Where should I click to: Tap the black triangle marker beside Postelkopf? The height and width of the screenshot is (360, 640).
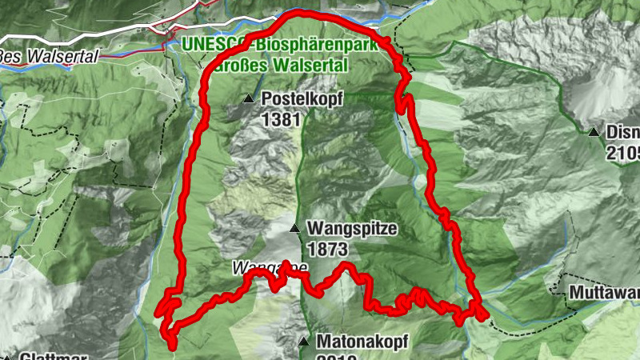pyautogui.click(x=249, y=100)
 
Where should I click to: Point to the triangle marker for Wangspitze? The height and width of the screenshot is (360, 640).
pyautogui.click(x=295, y=230)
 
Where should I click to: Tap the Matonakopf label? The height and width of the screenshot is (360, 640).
pyautogui.click(x=362, y=342)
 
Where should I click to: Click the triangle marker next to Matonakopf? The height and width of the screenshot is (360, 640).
pyautogui.click(x=304, y=342)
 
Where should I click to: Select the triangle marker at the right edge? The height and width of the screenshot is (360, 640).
pyautogui.click(x=594, y=133)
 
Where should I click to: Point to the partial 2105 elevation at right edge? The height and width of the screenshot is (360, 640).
pyautogui.click(x=624, y=152)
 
